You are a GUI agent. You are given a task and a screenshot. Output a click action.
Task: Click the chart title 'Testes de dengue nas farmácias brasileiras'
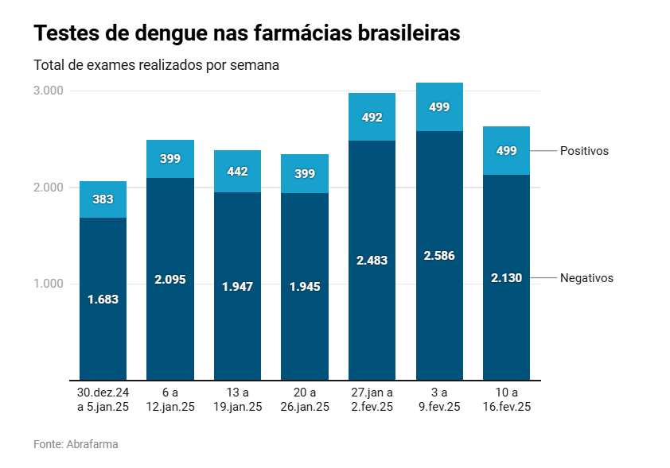(247, 34)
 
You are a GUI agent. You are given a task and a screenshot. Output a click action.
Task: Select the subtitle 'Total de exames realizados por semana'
(156, 65)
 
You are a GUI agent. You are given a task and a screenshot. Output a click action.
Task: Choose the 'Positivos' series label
(584, 151)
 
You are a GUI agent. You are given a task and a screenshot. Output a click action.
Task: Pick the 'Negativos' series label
(586, 278)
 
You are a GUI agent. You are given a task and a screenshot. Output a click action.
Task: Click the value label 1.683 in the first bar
(103, 300)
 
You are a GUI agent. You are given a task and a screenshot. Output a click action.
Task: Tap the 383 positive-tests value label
(103, 199)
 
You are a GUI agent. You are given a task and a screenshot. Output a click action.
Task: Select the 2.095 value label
(170, 279)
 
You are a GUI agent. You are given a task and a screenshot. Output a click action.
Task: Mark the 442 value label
(237, 171)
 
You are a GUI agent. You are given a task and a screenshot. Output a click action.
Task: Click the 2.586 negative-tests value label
(439, 256)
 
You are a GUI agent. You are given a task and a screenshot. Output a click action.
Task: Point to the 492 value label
(372, 118)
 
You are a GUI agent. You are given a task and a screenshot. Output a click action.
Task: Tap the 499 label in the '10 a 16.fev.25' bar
(507, 151)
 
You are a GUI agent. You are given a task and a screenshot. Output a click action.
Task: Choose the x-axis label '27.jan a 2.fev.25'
(372, 400)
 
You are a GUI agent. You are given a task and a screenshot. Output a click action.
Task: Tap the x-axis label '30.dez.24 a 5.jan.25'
(103, 400)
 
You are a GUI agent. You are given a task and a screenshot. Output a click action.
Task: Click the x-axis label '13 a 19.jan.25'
(237, 400)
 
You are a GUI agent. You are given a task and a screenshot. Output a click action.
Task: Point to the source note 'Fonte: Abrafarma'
(76, 444)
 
